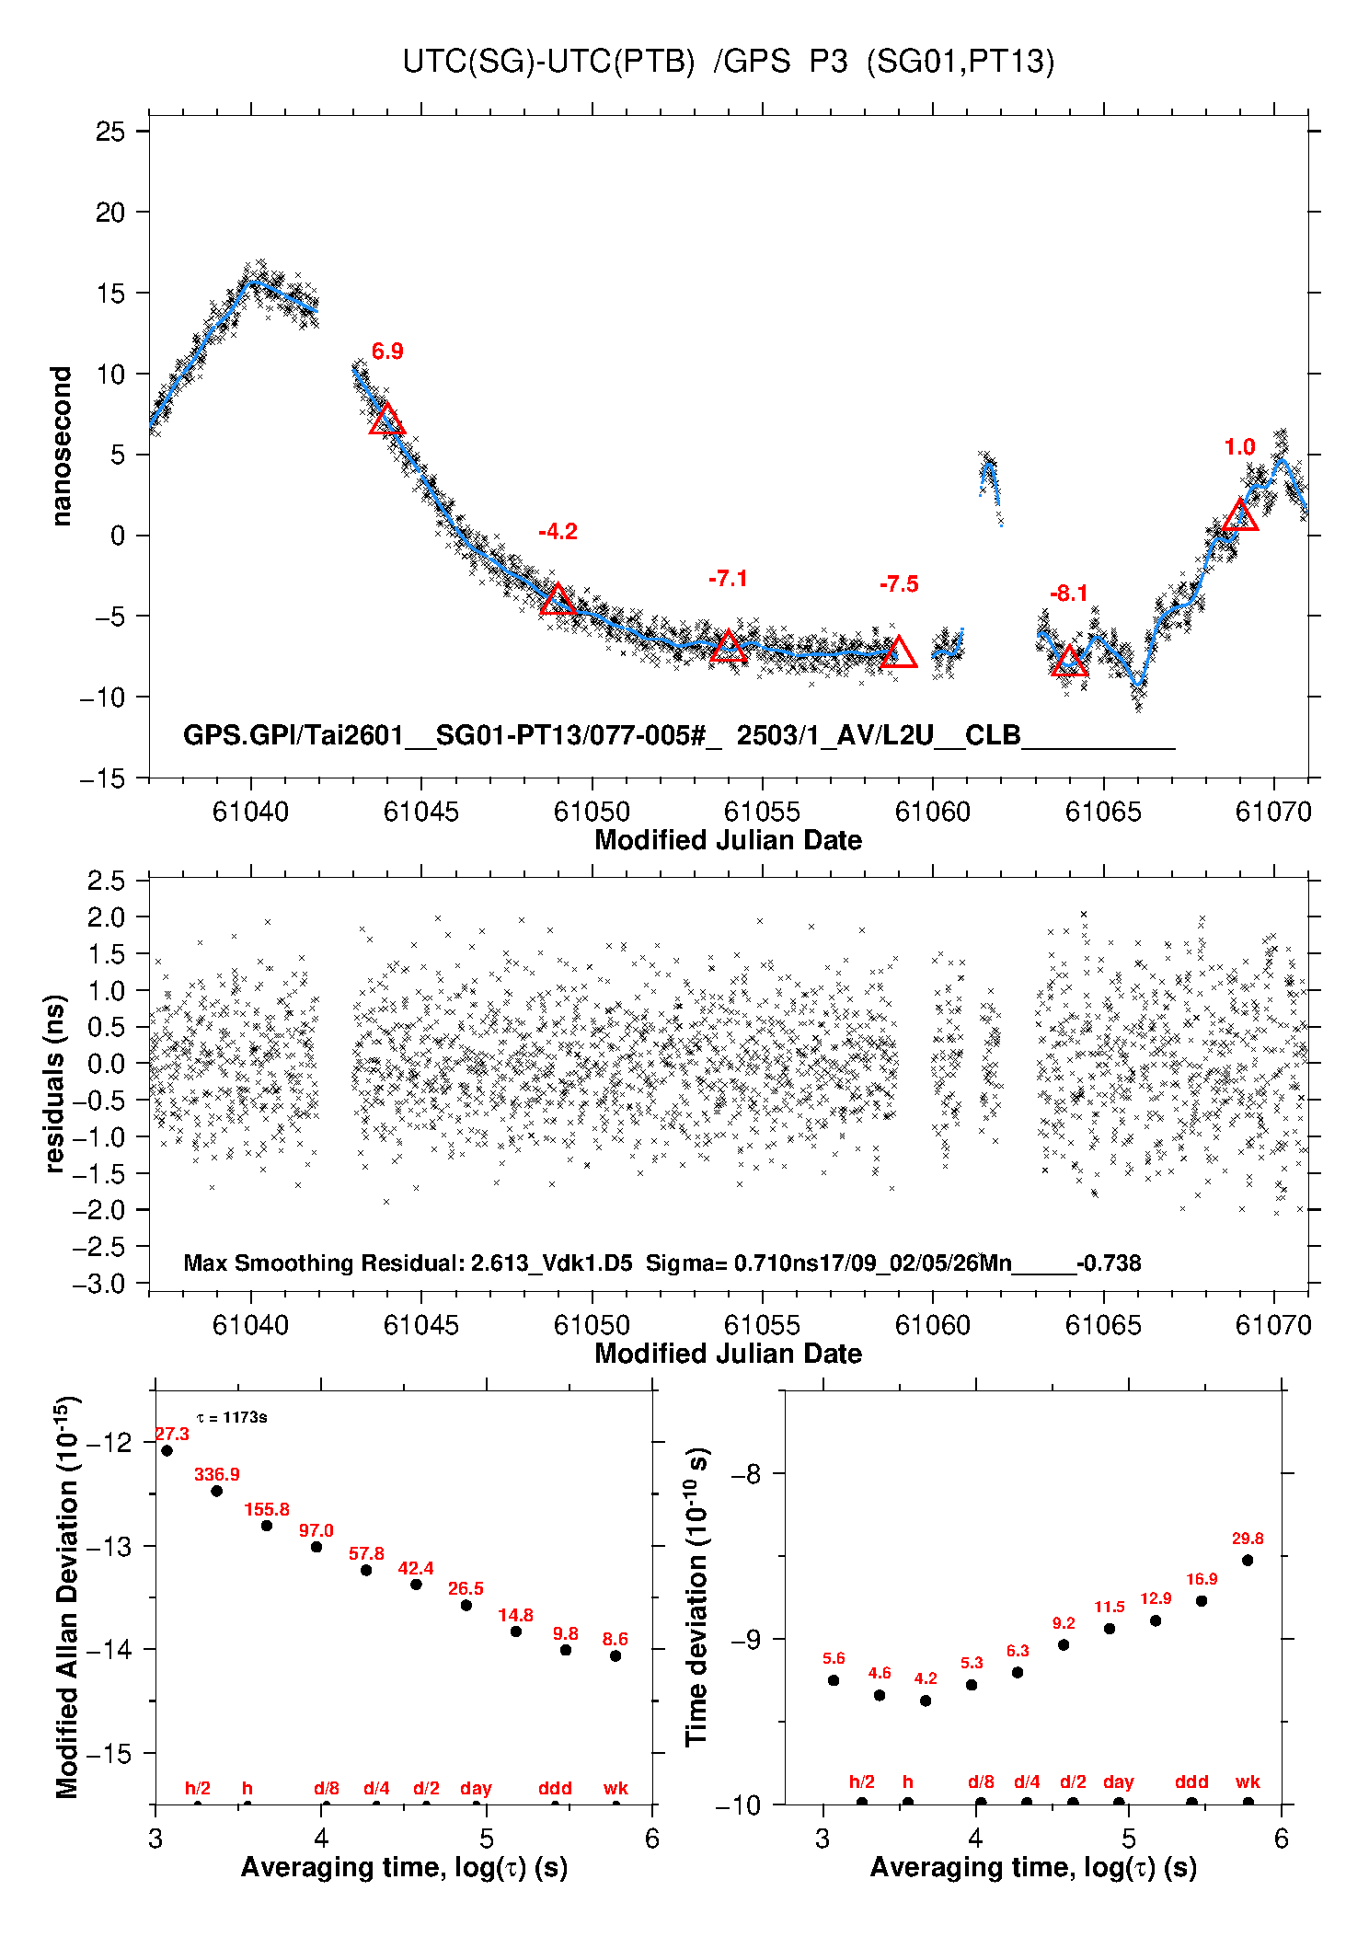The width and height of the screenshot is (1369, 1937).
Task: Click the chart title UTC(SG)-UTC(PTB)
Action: point(548,62)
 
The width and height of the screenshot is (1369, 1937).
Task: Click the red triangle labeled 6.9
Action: point(386,420)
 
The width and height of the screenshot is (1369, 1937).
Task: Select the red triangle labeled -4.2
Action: point(558,600)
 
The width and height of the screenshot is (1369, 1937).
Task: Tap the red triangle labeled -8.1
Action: point(1069,662)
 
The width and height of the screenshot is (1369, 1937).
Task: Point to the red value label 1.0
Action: point(1239,447)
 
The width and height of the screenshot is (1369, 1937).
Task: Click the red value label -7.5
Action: point(899,584)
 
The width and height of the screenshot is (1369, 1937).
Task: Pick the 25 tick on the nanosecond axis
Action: point(110,132)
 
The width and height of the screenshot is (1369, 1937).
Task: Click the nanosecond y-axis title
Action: point(62,446)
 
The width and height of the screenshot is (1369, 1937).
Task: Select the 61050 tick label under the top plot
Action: point(592,812)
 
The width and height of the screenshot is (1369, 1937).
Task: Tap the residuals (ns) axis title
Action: point(55,1083)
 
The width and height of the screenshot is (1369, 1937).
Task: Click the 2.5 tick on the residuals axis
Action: point(107,881)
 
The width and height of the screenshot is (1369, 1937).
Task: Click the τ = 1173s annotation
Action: point(232,1417)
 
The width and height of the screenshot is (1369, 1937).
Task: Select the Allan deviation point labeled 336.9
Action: point(217,1491)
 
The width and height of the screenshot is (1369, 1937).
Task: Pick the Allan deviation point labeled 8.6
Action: point(615,1656)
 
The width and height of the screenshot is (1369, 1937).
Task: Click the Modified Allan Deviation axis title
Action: point(67,1597)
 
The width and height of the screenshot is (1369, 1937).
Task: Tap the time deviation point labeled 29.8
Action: point(1248,1561)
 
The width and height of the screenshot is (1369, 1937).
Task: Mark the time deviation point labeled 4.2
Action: point(926,1701)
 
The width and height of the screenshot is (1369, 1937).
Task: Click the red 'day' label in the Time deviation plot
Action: point(1119,1782)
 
